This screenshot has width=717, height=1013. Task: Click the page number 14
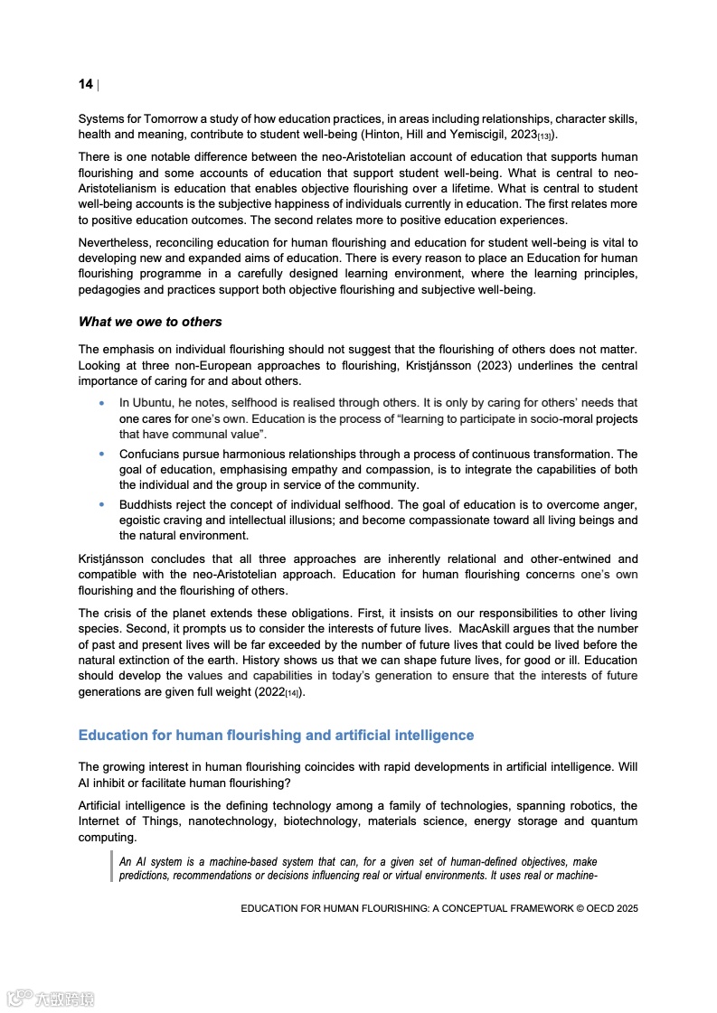point(85,84)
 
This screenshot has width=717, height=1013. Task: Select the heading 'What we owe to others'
point(150,322)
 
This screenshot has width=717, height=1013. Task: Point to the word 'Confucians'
point(150,455)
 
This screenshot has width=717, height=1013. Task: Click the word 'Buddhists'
point(146,504)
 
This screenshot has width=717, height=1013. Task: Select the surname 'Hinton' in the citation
point(381,135)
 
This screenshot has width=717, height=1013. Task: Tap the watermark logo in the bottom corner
point(51,999)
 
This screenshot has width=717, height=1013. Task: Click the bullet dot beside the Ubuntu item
point(102,403)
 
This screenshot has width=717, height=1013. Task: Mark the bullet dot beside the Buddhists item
point(102,504)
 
